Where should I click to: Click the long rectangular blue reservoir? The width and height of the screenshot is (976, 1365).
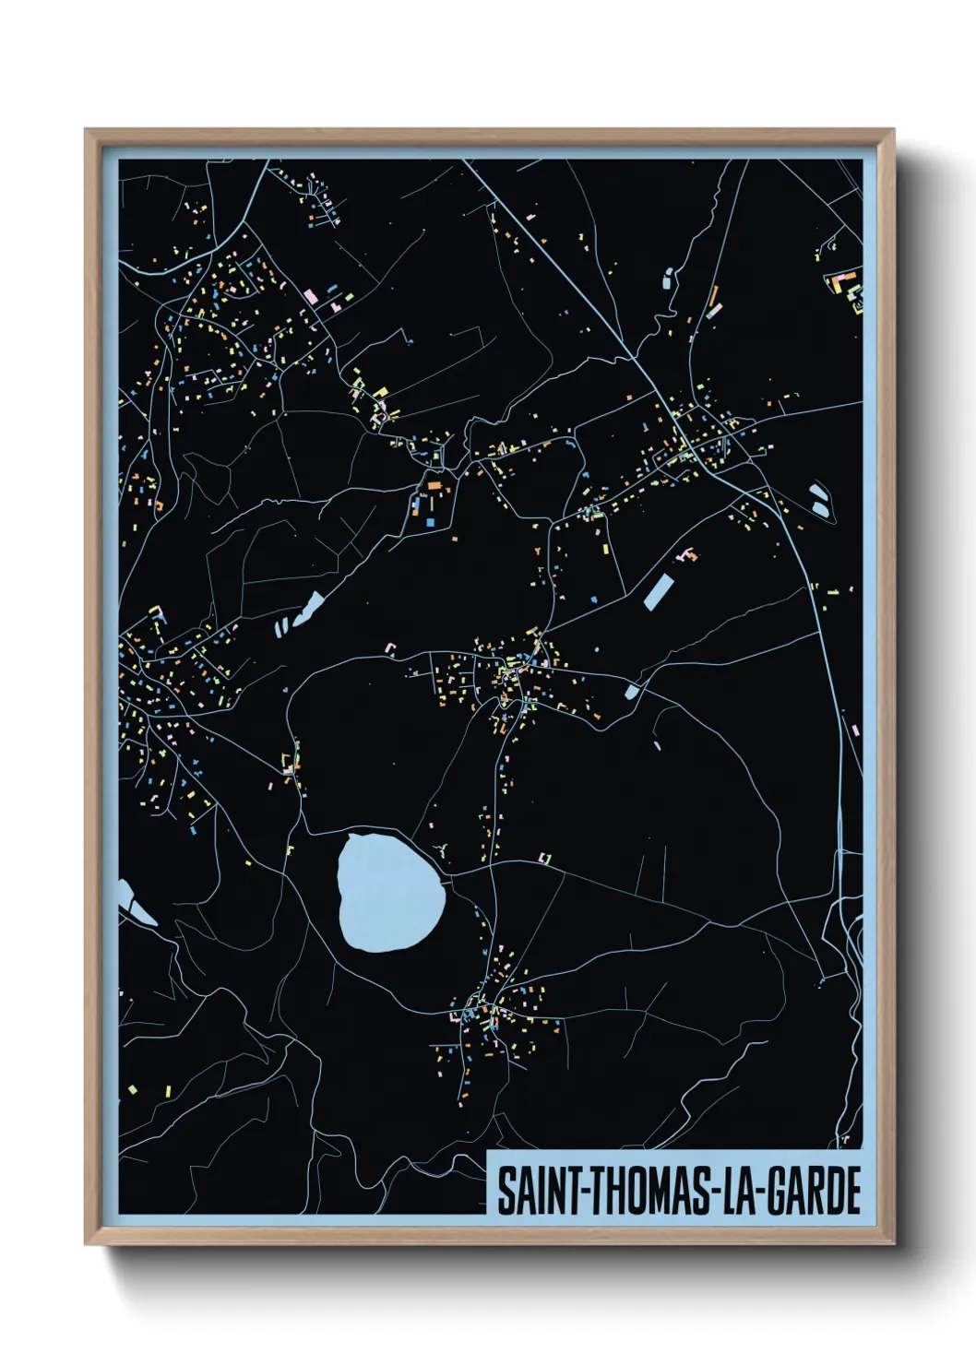pos(659,591)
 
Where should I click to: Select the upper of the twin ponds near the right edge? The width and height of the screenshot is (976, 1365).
pos(817,492)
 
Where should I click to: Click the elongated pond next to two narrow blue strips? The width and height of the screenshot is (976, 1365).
pos(308,608)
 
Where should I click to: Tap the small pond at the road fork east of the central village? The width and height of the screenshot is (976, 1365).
pos(632,691)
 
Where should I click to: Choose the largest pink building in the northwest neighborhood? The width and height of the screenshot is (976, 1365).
pos(311,298)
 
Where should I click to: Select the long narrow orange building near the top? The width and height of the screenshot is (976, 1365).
pos(713,297)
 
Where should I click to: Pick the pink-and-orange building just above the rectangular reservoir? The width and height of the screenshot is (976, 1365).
pos(686,555)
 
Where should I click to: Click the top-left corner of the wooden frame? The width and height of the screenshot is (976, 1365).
pos(87,131)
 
